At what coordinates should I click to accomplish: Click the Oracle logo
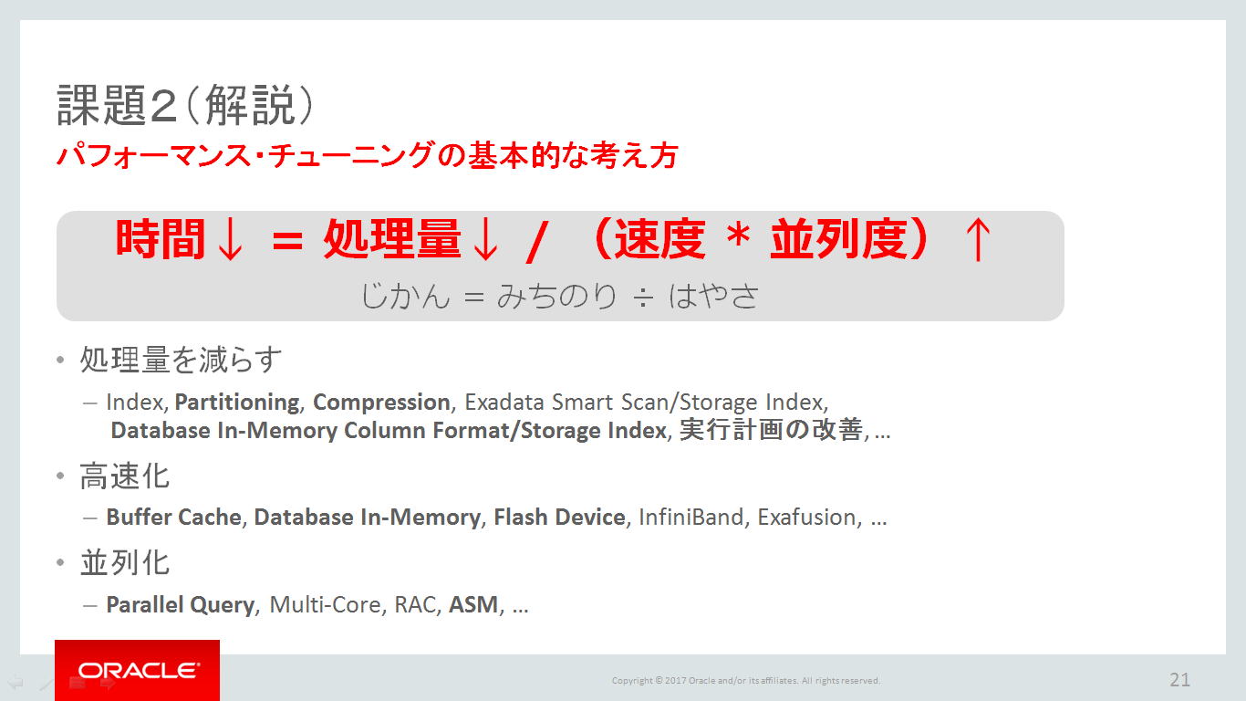coord(137,670)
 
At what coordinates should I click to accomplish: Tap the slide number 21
coord(1179,680)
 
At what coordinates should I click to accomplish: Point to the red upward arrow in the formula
coord(978,239)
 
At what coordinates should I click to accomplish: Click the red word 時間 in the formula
coord(161,239)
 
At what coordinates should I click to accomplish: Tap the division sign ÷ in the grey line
coord(643,298)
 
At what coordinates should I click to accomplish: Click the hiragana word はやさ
coord(713,296)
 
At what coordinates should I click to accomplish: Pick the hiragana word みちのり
coord(556,296)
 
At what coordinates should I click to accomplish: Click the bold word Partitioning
coord(237,402)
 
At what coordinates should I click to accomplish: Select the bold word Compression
coord(381,402)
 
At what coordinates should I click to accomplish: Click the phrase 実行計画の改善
coord(772,430)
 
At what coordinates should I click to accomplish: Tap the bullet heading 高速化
coord(125,476)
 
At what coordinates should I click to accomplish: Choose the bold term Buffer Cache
coord(173,518)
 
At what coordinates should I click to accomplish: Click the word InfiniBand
coord(690,518)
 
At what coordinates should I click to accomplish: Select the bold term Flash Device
coord(559,518)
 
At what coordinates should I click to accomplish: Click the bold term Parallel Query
coord(181,605)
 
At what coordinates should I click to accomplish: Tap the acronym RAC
coord(415,604)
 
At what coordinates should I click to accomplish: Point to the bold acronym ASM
coord(473,604)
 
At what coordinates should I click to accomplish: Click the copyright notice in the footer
coord(746,680)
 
